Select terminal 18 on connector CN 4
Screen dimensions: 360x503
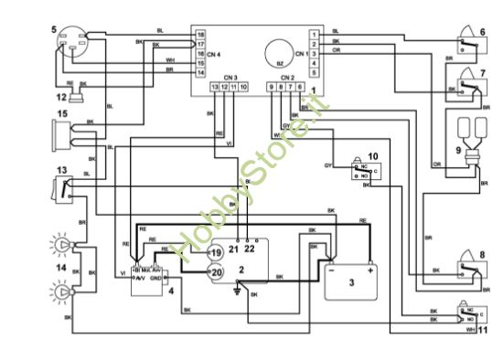pos(200,35)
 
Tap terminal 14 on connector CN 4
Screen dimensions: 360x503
pos(200,71)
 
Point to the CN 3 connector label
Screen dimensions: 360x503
pos(230,77)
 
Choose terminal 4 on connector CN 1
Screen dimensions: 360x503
pos(314,63)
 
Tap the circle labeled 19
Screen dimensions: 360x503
pos(216,252)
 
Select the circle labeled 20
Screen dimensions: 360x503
pos(216,271)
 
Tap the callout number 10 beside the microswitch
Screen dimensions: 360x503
pos(373,155)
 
